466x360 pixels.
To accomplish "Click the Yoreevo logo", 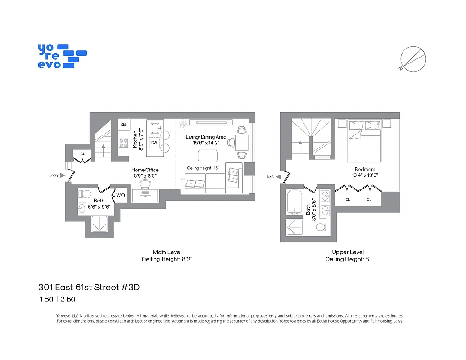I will coord(62,56).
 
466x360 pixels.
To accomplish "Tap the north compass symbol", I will coord(413,59).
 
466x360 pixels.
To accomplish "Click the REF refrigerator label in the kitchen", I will coord(124,124).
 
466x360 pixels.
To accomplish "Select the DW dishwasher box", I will coord(154,143).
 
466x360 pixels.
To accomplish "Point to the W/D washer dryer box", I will coord(121,196).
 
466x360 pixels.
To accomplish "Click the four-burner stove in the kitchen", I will coord(123,143).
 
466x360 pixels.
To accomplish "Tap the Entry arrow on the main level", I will coord(63,175).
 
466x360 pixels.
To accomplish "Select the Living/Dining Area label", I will coord(206,137).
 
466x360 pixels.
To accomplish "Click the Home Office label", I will coord(145,170).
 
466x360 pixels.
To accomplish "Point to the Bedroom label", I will coord(364,170).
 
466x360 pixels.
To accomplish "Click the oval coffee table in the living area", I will coord(208,156).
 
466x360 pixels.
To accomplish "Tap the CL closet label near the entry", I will coord(82,154).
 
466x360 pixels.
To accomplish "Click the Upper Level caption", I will coord(348,252).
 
